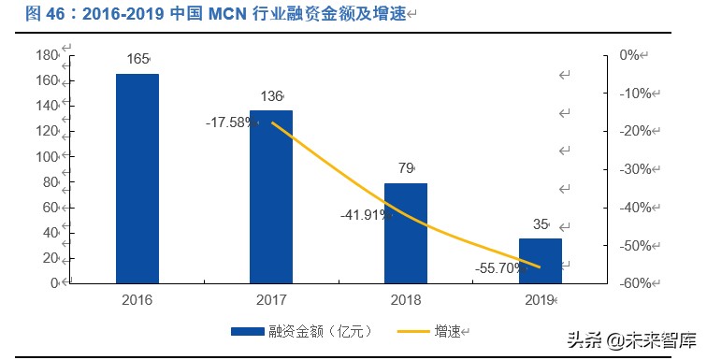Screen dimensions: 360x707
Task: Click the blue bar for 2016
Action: [x=137, y=178]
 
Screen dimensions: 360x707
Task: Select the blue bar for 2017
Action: [x=271, y=196]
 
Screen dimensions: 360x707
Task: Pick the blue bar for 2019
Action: [x=541, y=260]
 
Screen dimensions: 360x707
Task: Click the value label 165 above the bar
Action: [x=137, y=59]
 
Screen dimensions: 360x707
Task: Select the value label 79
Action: [x=405, y=168]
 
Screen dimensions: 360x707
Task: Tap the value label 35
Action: [x=540, y=224]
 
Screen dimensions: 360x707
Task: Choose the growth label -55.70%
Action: [x=499, y=267]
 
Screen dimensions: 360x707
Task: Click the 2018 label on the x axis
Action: [x=405, y=299]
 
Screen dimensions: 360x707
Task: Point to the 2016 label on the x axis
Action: [x=137, y=299]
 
